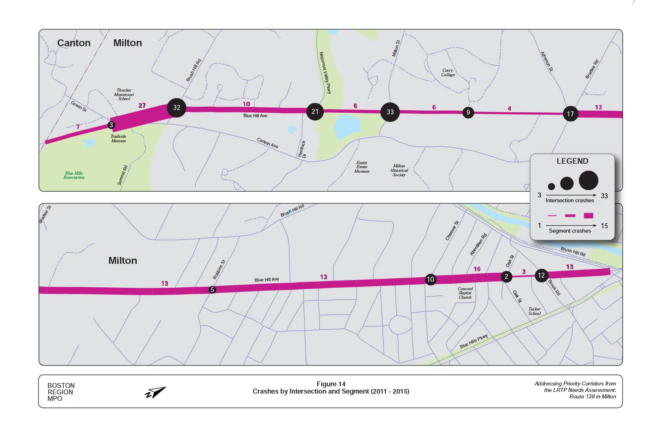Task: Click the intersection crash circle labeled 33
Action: tap(390, 112)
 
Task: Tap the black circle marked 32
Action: tap(176, 107)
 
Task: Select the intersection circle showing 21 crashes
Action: tap(315, 111)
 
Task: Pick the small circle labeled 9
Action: tap(468, 113)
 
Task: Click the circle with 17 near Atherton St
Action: tap(570, 114)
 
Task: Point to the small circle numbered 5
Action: tap(212, 290)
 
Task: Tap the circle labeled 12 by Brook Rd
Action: tap(541, 276)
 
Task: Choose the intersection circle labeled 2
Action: tap(506, 276)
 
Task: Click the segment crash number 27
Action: tap(142, 106)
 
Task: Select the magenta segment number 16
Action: tap(477, 269)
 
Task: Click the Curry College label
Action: tap(448, 73)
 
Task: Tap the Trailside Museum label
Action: tap(118, 139)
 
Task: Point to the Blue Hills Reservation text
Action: tap(74, 175)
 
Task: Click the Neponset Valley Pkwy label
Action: tap(325, 73)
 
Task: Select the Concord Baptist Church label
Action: tap(465, 293)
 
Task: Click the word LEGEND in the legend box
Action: tap(572, 161)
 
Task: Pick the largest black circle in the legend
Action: tap(588, 180)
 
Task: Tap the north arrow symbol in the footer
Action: tap(155, 392)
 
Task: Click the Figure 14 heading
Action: tap(331, 384)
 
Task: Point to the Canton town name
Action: tap(74, 43)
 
